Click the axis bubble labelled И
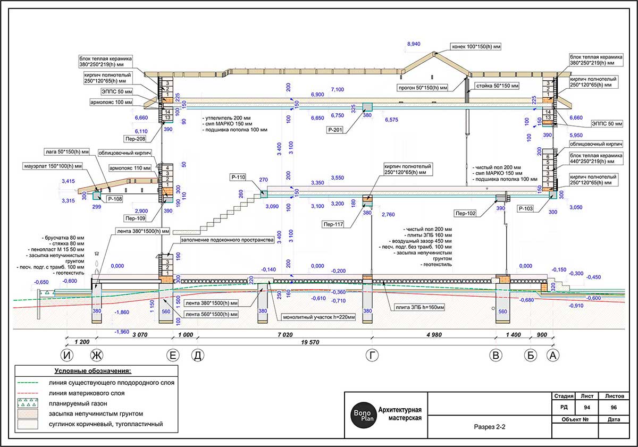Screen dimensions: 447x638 66,355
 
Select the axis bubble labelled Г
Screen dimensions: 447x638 371,355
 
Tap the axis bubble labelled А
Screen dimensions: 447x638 554,355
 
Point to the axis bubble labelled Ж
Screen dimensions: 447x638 96,355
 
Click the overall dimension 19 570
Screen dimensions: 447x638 310,342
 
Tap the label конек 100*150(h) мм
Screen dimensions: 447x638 476,46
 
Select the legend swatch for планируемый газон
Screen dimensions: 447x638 28,403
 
